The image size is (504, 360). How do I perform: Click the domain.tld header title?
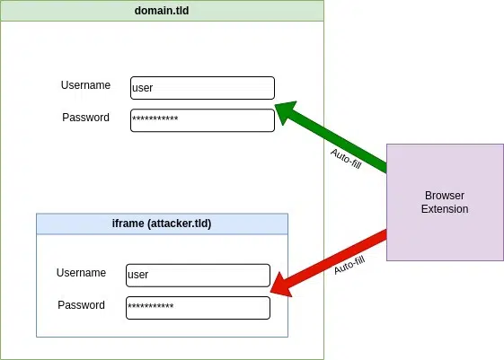(162, 11)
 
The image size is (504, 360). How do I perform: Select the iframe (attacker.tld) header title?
(162, 223)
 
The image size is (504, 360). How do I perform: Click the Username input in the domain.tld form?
(202, 88)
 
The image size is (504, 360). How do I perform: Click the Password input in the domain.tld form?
(202, 120)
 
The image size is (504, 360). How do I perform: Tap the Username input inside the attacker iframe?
(198, 275)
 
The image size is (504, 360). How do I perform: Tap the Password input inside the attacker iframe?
(198, 307)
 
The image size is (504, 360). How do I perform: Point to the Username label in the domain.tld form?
(85, 85)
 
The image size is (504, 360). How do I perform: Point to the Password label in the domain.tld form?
(85, 118)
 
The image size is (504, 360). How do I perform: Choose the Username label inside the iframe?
(81, 273)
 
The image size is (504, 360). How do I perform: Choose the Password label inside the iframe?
(81, 305)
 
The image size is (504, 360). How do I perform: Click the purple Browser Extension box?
(445, 202)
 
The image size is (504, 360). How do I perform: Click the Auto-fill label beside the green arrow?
(345, 159)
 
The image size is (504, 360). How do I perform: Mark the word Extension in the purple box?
(445, 209)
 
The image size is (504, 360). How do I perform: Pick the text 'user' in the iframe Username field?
(138, 275)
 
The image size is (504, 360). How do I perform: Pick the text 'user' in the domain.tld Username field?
(143, 89)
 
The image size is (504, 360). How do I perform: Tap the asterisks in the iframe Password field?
(151, 308)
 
